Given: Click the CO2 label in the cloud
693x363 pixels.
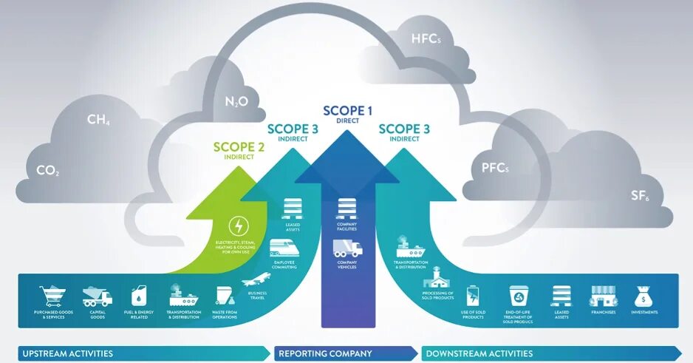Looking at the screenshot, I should click(48, 171).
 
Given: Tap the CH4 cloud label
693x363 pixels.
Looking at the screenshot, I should click(99, 120).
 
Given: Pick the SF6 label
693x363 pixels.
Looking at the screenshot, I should click(640, 196).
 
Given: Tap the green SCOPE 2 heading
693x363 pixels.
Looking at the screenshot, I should click(238, 146).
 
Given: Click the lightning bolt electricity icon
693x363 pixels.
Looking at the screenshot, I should click(239, 225).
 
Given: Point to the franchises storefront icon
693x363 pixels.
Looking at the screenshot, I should click(603, 296).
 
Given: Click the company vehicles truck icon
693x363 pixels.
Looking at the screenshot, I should click(347, 248).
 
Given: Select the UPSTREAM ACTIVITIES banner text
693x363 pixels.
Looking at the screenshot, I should click(67, 353).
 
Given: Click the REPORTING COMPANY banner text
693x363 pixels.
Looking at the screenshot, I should click(325, 353).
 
